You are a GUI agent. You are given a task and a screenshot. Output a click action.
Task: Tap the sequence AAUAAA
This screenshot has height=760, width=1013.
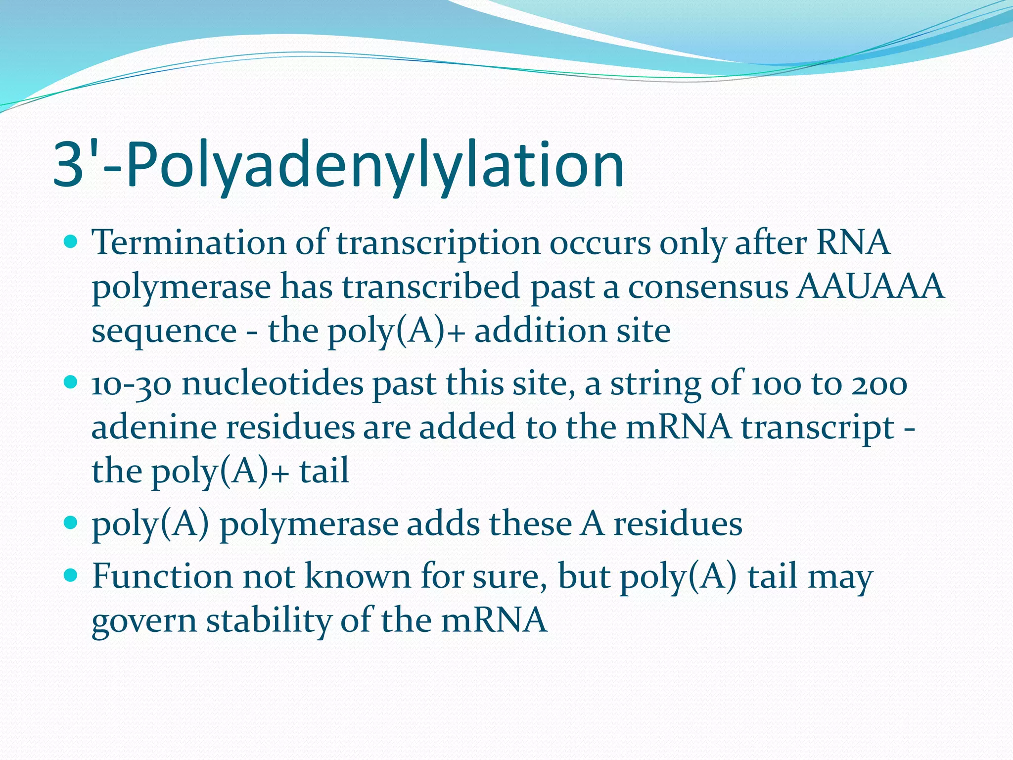pos(870,286)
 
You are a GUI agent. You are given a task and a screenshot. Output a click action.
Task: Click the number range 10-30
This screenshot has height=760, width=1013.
pos(131,384)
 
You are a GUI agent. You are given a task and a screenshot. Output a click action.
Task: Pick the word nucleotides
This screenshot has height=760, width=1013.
pos(272,383)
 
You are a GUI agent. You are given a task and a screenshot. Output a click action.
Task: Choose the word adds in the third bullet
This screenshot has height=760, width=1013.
pos(443,523)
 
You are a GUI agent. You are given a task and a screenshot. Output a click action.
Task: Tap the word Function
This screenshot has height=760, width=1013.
pos(162,576)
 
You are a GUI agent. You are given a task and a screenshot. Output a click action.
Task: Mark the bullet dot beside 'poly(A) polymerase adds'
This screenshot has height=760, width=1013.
pos(72,522)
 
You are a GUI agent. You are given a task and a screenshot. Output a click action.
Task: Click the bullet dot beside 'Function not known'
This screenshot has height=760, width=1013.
pos(72,575)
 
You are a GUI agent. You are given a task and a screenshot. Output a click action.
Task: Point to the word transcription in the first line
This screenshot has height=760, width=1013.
pos(438,244)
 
